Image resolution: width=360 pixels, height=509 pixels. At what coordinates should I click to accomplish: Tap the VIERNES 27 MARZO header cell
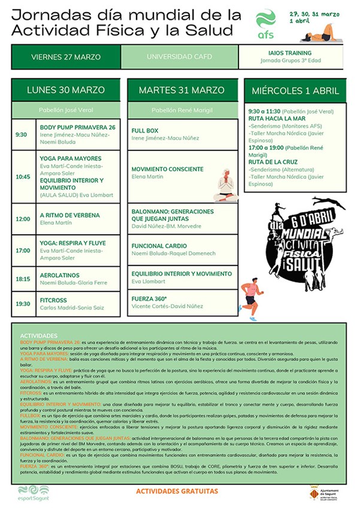click(66, 57)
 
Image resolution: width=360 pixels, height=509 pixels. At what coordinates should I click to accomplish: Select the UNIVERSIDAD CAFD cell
click(179, 57)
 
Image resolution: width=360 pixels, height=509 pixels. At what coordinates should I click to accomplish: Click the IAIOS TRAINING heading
click(290, 52)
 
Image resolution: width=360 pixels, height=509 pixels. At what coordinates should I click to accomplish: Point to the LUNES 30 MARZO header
click(66, 90)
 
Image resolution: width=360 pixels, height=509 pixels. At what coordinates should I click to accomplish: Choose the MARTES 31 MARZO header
click(181, 90)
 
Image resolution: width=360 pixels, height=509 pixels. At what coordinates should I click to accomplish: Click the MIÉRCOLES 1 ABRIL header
click(295, 91)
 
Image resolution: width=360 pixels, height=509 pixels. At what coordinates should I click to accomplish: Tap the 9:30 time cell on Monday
click(22, 135)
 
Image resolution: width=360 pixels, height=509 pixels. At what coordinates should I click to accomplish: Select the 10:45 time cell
click(23, 177)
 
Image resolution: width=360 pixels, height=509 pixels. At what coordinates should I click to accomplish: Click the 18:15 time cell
click(23, 279)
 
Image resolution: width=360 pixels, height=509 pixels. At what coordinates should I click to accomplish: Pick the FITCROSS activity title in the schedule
click(53, 301)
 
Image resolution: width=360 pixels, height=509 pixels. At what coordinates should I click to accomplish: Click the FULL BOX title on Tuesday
click(145, 131)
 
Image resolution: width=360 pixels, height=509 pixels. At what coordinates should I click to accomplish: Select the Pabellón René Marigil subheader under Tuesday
click(181, 110)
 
